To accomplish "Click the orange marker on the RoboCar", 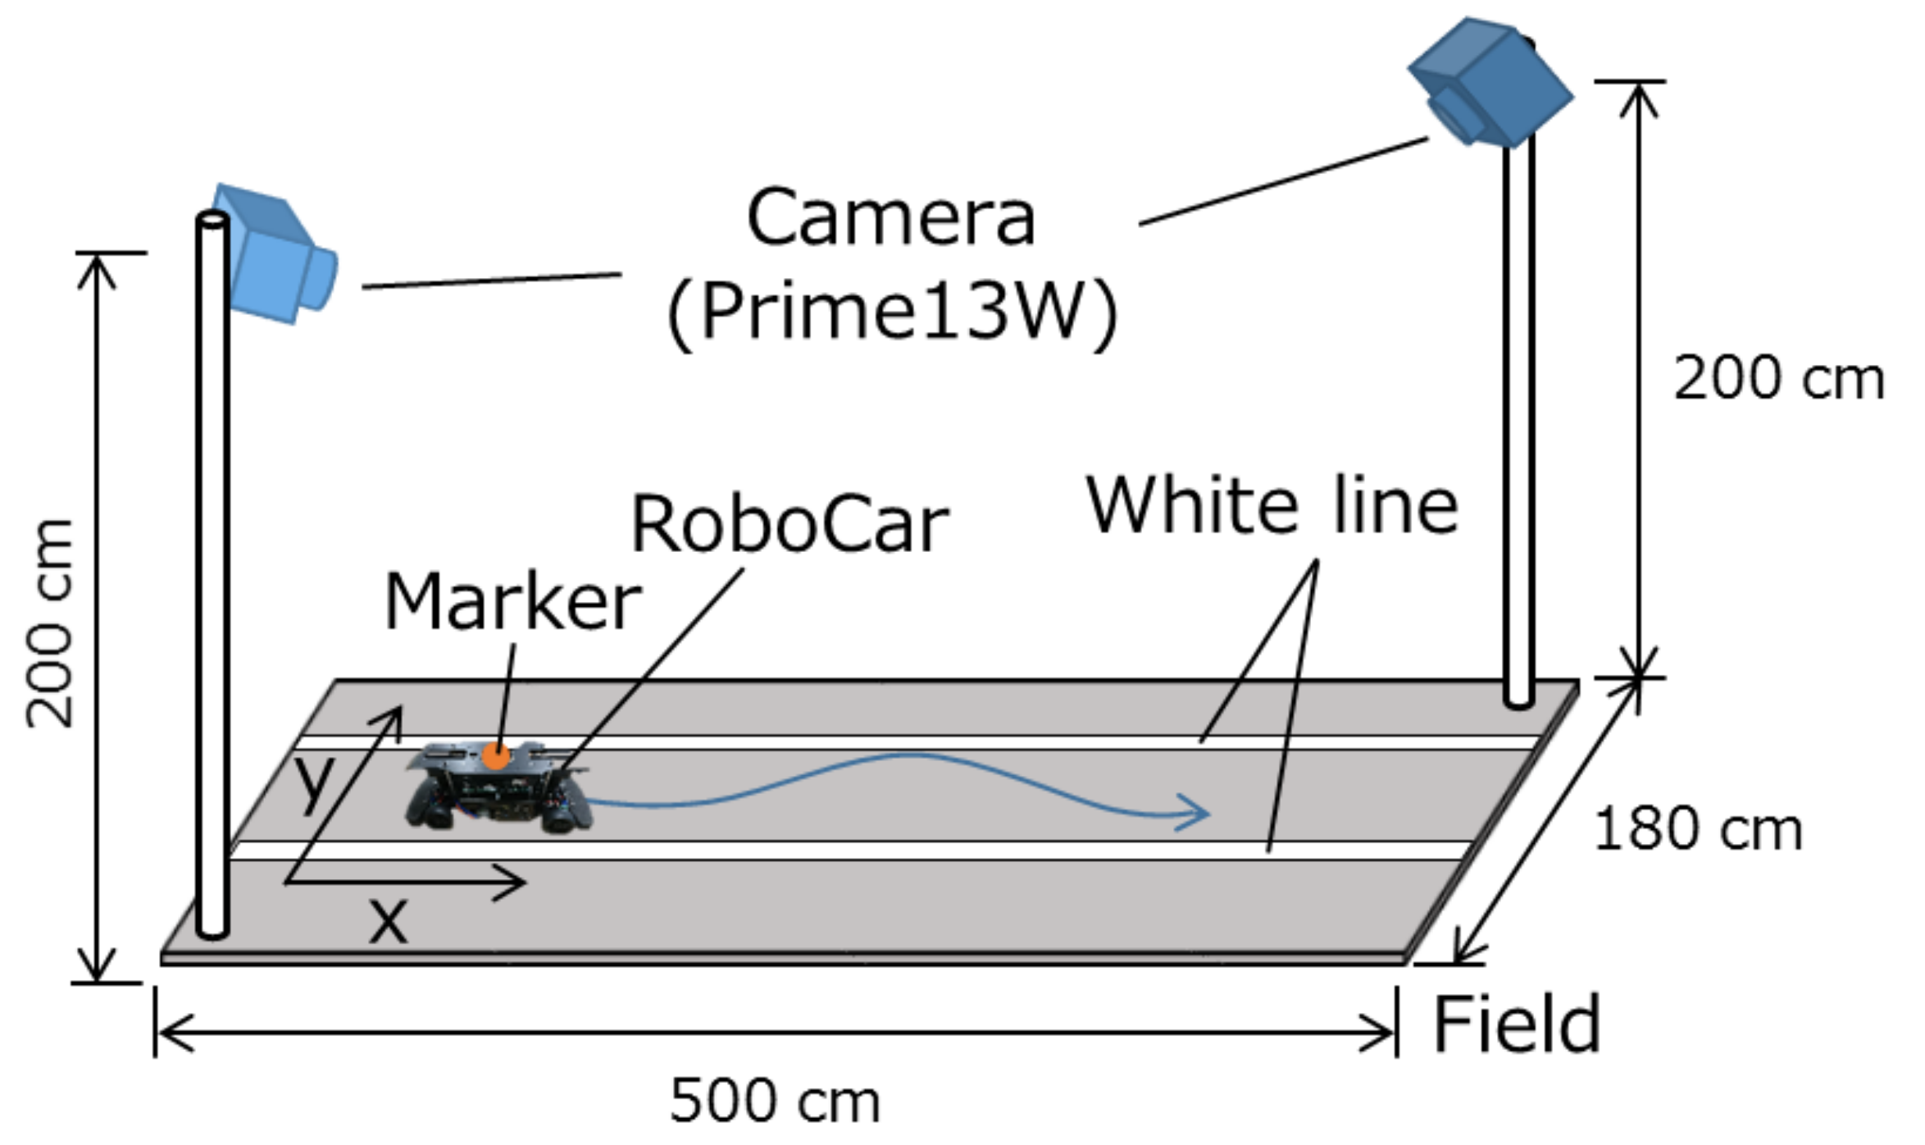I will click(495, 756).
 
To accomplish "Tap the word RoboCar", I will click(789, 525).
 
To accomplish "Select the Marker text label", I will click(512, 603).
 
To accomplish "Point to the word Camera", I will click(891, 218).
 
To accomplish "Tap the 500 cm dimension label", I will click(775, 1101).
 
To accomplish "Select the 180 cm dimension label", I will click(1697, 829).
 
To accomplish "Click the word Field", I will click(1517, 1024).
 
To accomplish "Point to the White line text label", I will click(1272, 505).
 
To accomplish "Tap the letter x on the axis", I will click(388, 921).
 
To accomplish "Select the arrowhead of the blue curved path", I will click(1199, 814).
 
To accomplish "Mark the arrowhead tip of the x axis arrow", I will click(523, 883).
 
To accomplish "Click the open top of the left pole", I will click(212, 220).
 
